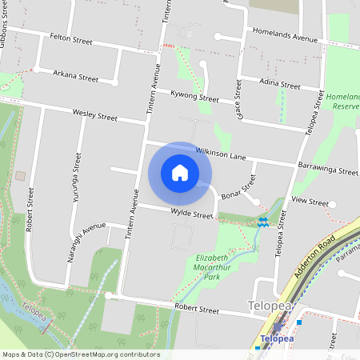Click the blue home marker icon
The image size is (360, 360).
[x=180, y=173]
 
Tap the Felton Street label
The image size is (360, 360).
[x=71, y=38]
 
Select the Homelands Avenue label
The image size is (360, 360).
[x=285, y=38]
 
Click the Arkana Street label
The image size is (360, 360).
[x=75, y=77]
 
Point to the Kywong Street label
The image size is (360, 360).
[x=195, y=98]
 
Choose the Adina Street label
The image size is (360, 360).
[x=279, y=85]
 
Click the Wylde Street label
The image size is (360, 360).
[x=192, y=214]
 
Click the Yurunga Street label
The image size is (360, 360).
[x=77, y=180]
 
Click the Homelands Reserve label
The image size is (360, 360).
[x=345, y=101]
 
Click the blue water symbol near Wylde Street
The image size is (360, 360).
[x=263, y=221]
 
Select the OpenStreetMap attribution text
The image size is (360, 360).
[x=81, y=354]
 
